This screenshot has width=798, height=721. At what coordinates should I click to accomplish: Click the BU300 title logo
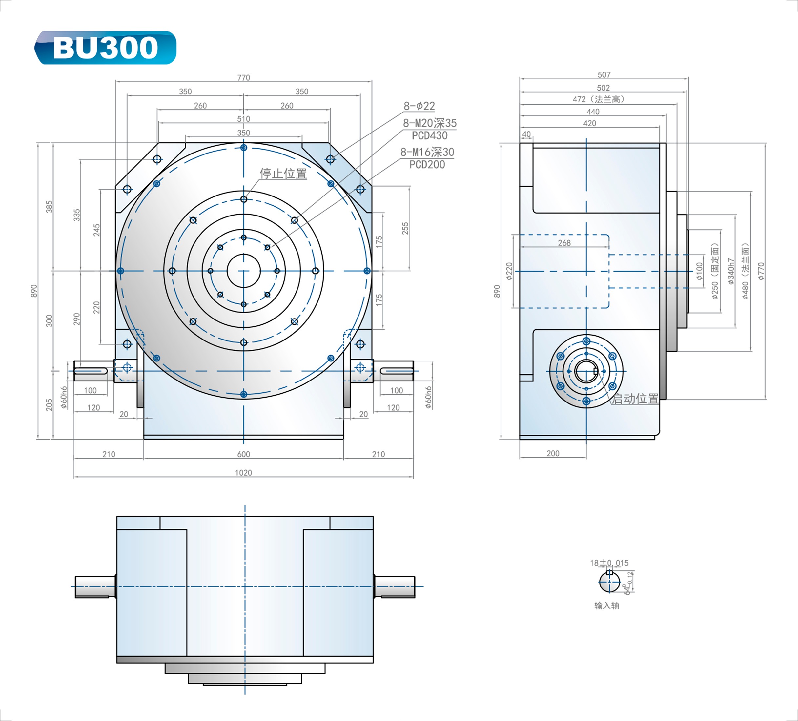point(105,48)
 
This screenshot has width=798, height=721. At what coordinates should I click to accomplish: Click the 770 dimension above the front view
point(243,78)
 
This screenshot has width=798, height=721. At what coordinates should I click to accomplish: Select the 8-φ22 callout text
point(419,106)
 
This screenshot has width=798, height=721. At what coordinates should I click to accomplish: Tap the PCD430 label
point(429,135)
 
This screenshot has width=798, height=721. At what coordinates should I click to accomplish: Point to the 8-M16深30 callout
point(427,152)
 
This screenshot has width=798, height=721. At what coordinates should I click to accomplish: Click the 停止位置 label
point(283,174)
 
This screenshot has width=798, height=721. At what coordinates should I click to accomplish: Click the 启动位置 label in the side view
point(635,399)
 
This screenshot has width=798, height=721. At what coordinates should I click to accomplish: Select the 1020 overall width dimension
point(243,472)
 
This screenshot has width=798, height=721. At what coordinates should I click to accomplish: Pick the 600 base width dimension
point(243,454)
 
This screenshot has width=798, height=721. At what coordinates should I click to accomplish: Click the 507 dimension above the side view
point(604,74)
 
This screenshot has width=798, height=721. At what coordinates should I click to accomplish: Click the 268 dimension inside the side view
point(564,243)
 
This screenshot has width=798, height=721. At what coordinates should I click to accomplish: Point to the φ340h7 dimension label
point(731,271)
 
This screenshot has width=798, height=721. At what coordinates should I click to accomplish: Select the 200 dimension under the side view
point(553,453)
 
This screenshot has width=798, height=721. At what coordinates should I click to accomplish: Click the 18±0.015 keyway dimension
point(609,563)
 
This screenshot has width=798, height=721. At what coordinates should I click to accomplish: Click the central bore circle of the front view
point(243,271)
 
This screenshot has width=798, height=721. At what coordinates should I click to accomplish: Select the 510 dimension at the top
point(243,119)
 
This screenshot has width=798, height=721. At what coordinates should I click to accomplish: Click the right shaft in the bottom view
point(395,587)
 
